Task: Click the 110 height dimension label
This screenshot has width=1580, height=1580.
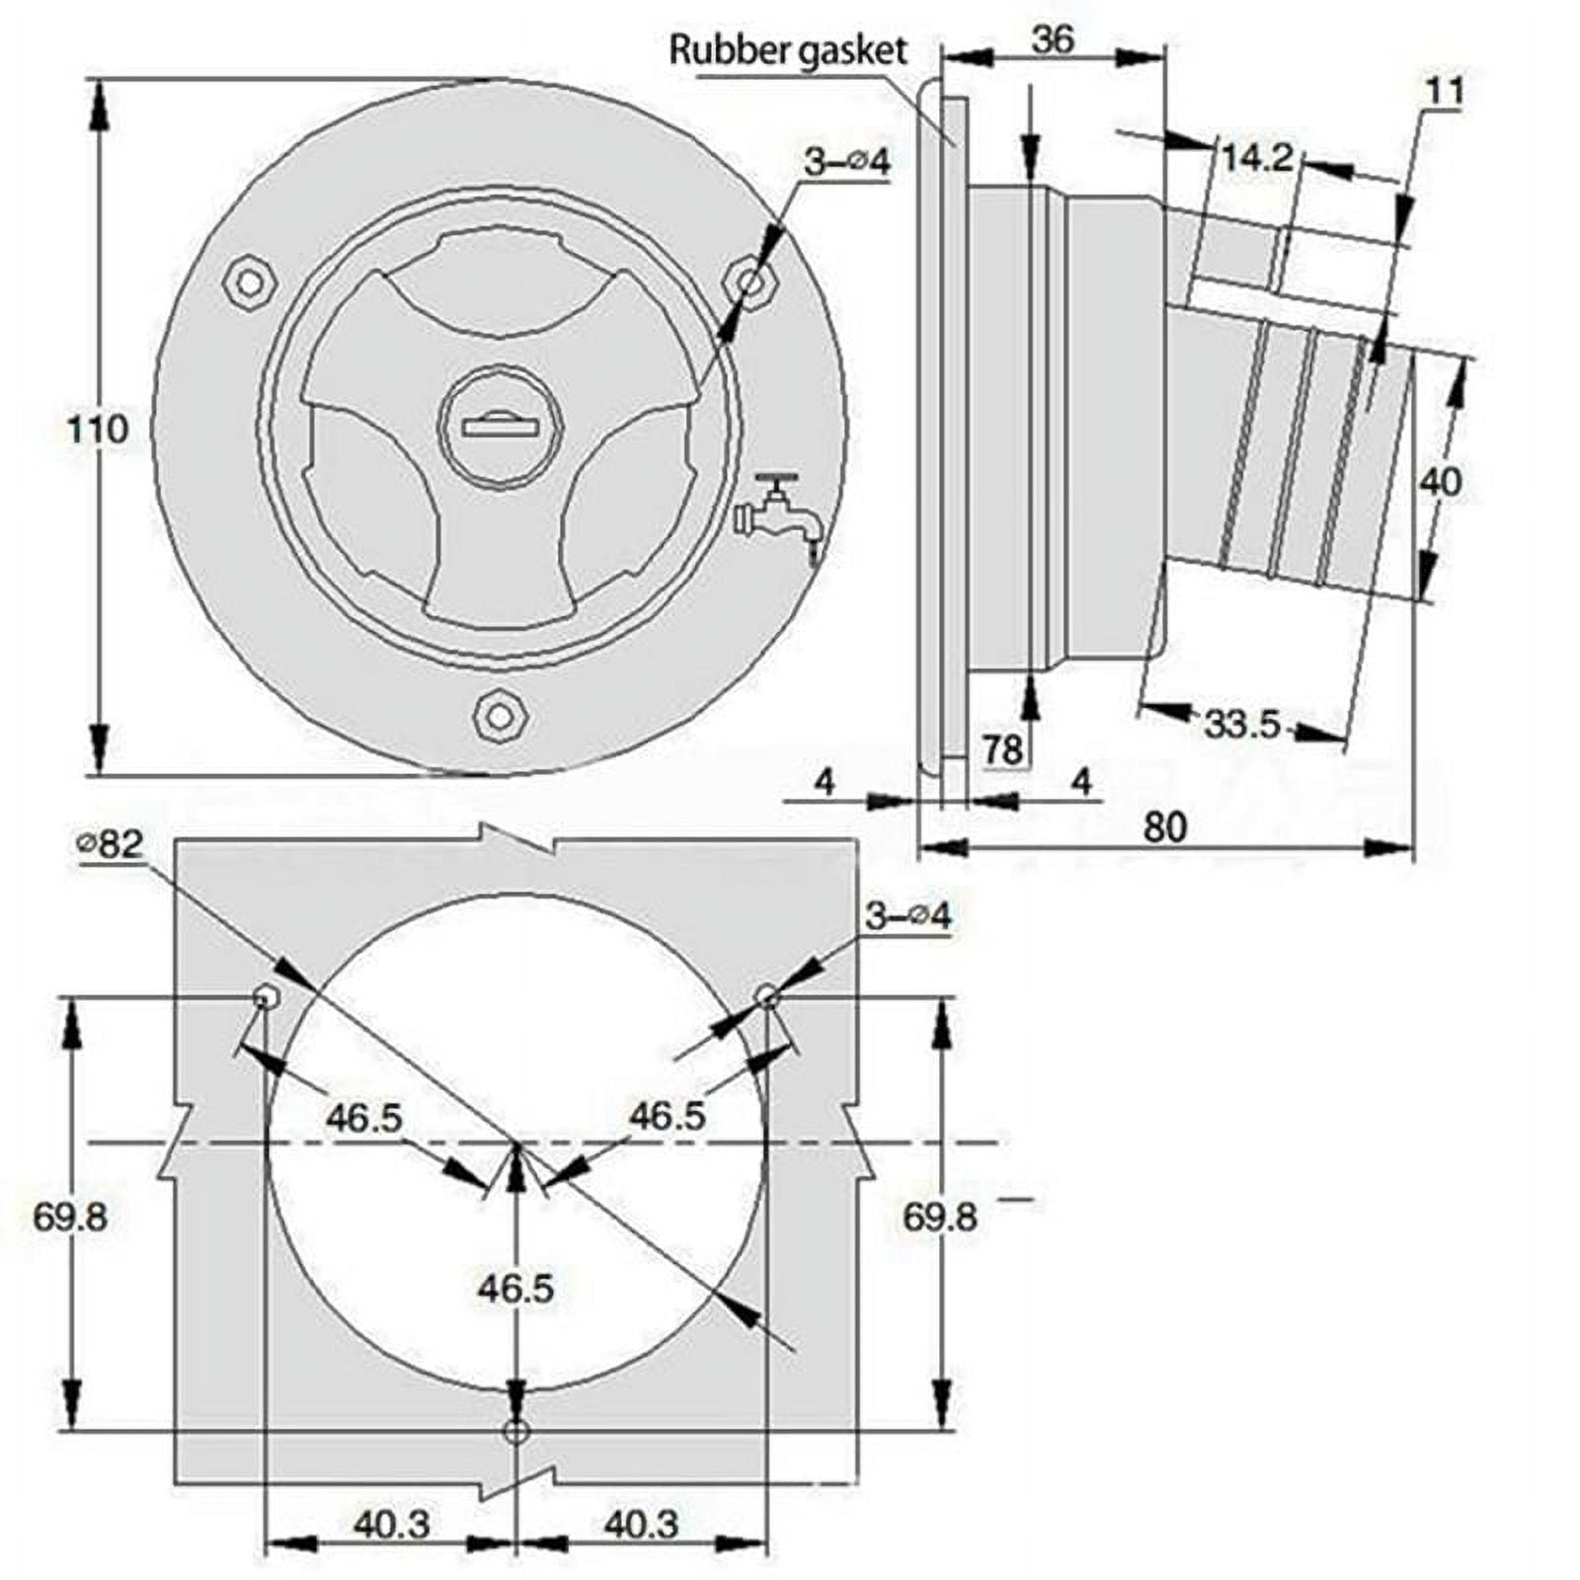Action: [98, 430]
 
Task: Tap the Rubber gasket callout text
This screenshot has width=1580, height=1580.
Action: [788, 50]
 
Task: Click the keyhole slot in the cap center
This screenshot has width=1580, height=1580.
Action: [499, 427]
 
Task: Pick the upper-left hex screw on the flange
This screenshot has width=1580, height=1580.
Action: [250, 283]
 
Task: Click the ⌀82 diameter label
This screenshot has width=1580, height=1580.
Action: [111, 844]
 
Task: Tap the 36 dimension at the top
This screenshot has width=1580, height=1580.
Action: [1053, 40]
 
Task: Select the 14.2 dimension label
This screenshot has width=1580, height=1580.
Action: [1257, 157]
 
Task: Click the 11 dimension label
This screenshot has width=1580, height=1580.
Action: [1445, 91]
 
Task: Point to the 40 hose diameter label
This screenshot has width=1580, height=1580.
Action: [1440, 483]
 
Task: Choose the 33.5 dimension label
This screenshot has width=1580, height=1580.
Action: [1242, 726]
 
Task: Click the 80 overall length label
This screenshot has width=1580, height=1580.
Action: [1164, 828]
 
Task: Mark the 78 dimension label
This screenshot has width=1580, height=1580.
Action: [1003, 750]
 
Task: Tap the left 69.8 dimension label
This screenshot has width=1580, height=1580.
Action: [70, 1217]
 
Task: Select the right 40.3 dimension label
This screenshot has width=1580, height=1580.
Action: [642, 1525]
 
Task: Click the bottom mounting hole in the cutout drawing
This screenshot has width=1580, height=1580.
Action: [516, 1431]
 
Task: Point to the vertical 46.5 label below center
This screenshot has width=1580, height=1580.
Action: [515, 1289]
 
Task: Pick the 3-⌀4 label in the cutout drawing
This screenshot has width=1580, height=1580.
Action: [908, 916]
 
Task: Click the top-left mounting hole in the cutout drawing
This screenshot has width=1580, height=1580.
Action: [264, 998]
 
